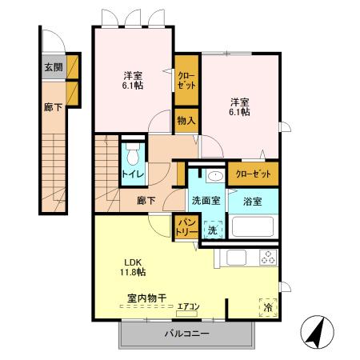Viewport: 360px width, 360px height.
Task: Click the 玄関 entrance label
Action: click(x=53, y=66)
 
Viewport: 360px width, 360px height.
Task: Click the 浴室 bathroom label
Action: click(x=253, y=201)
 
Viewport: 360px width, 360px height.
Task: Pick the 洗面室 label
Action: click(x=206, y=201)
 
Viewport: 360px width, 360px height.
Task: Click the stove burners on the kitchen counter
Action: click(x=266, y=258)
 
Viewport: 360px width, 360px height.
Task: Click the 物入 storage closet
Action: click(x=186, y=121)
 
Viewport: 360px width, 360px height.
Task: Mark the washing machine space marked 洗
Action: click(x=211, y=230)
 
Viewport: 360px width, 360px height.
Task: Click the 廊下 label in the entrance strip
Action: click(x=53, y=107)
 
